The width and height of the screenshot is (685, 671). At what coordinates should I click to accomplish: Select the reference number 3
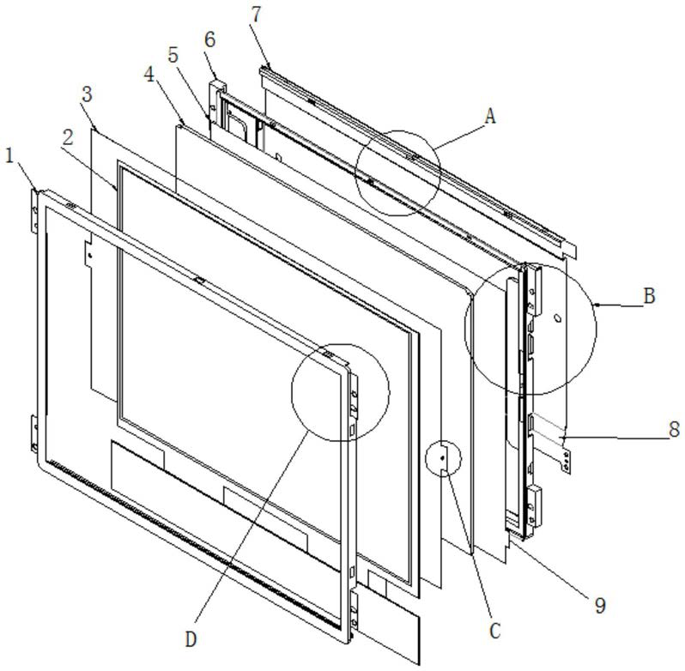[87, 94]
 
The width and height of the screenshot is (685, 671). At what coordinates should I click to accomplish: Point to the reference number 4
[149, 75]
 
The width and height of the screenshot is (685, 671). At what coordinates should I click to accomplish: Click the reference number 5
[173, 55]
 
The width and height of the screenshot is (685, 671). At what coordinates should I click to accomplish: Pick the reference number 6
[209, 39]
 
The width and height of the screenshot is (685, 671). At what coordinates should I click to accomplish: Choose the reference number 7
[256, 15]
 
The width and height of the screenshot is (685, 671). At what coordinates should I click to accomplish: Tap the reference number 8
[675, 429]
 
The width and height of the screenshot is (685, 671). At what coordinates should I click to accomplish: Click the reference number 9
[600, 606]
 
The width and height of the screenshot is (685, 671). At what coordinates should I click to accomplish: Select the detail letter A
[491, 117]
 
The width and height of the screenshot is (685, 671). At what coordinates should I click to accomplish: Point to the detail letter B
[650, 296]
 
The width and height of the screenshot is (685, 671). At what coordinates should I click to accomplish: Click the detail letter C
[494, 631]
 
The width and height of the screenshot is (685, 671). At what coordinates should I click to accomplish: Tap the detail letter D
[191, 639]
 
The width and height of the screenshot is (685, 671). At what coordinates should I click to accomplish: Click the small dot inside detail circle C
[443, 458]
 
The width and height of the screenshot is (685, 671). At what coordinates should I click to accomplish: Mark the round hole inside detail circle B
[557, 318]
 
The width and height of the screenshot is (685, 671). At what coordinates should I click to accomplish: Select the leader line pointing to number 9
[552, 565]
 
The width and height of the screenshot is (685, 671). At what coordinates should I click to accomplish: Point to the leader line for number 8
[616, 437]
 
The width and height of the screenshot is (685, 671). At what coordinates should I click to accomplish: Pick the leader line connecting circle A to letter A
[460, 136]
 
